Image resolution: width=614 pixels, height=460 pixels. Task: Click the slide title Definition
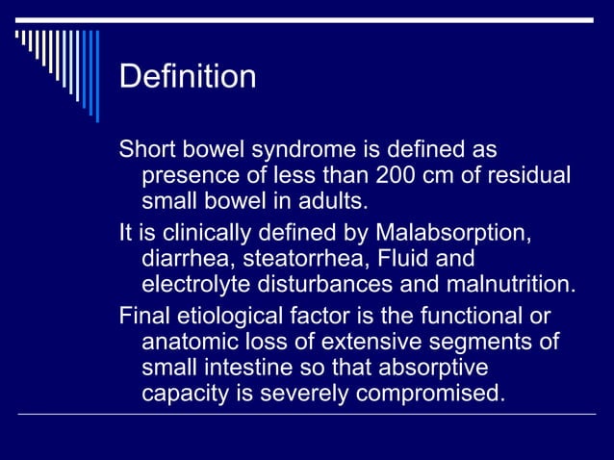pyautogui.click(x=188, y=76)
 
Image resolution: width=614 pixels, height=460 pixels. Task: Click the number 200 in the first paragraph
pyautogui.click(x=397, y=178)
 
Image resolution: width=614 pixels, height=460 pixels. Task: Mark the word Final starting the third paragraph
pyautogui.click(x=141, y=317)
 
